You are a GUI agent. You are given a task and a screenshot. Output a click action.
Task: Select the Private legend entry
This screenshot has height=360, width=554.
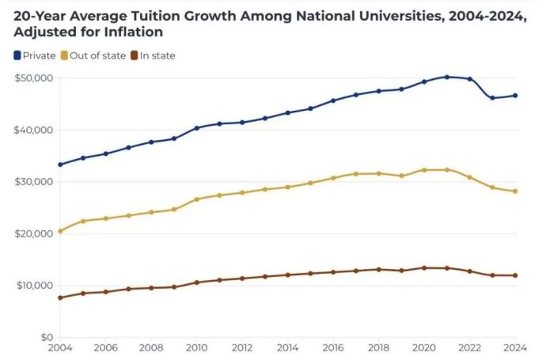[x=35, y=55]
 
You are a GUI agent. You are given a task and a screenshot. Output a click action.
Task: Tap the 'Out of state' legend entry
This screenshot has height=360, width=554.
[x=94, y=55]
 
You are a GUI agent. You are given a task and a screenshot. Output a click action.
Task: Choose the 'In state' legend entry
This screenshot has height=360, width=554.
[x=153, y=55]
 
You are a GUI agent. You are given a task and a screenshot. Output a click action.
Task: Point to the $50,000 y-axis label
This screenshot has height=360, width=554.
[x=33, y=78]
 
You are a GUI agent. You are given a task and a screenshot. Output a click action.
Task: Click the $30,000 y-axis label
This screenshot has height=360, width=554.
[x=33, y=182]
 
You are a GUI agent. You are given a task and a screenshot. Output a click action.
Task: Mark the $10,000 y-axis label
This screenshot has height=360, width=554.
[x=33, y=286]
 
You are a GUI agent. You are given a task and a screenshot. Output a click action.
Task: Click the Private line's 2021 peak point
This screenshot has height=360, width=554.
[x=447, y=77]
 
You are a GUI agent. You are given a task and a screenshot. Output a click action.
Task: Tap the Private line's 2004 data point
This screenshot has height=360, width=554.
[x=60, y=165]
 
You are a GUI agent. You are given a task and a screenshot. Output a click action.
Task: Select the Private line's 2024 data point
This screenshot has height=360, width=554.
[x=515, y=96]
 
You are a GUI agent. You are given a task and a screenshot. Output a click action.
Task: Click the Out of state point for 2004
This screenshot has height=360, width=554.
[x=60, y=231]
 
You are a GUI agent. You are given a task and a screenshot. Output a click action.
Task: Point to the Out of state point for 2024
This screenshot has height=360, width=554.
[x=515, y=191]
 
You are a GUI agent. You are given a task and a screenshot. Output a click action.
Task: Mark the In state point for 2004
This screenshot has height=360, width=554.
[x=60, y=297]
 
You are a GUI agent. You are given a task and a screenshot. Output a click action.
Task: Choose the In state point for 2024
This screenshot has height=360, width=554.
[x=515, y=275]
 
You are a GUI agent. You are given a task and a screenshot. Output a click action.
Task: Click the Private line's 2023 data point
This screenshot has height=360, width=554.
[x=492, y=98]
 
